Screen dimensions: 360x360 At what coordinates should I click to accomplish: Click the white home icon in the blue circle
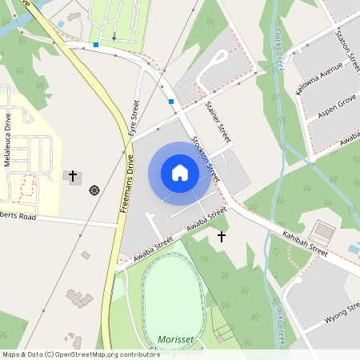point(180,173)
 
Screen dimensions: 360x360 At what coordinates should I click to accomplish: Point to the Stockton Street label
point(204,155)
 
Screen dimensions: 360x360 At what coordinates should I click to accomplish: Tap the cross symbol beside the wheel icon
point(73,175)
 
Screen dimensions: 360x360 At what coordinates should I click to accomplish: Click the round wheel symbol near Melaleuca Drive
point(94,190)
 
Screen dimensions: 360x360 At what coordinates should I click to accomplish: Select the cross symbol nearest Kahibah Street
point(222,236)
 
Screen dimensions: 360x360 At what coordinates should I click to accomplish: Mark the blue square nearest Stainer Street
point(171,102)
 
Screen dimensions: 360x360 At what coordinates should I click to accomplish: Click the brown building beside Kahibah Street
point(324,231)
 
